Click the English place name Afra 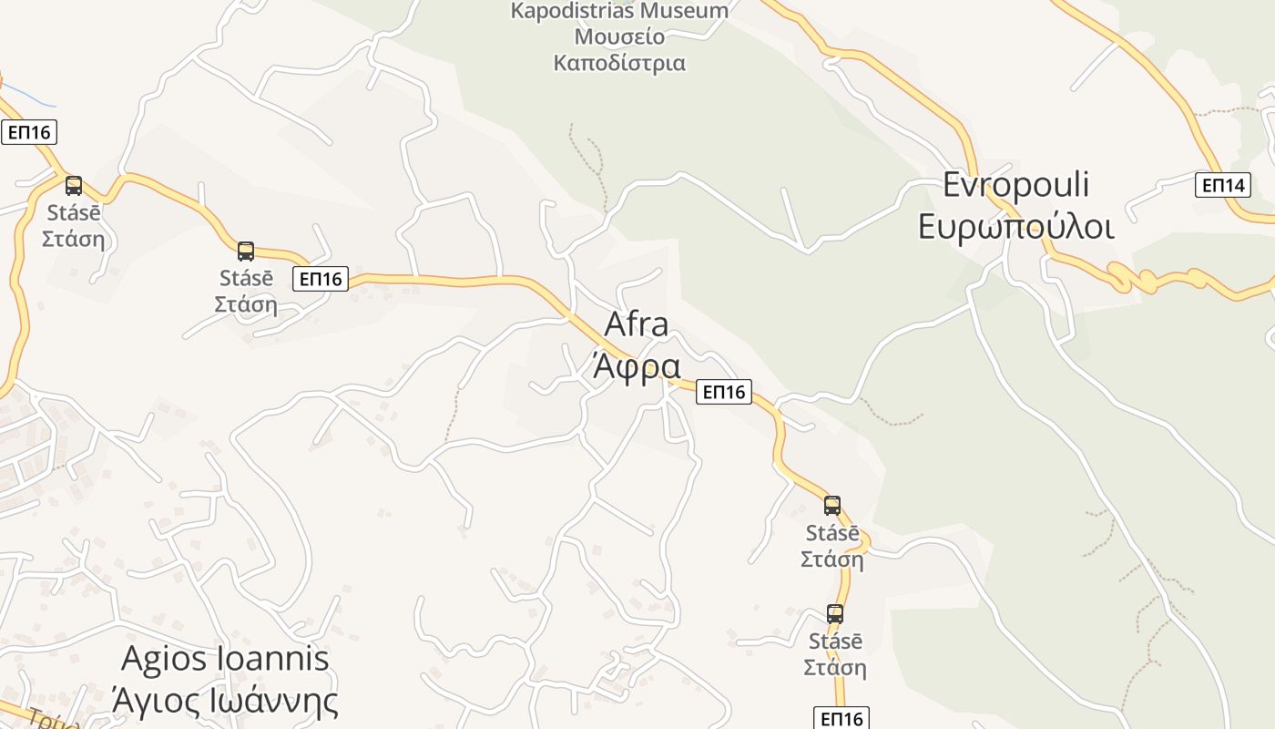pyautogui.click(x=637, y=324)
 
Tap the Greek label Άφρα pyautogui.click(x=637, y=366)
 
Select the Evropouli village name pyautogui.click(x=1015, y=185)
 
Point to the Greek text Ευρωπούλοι pyautogui.click(x=1015, y=226)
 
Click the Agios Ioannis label pyautogui.click(x=225, y=658)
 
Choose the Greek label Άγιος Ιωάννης pyautogui.click(x=225, y=701)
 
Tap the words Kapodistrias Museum pyautogui.click(x=619, y=11)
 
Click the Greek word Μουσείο pyautogui.click(x=619, y=37)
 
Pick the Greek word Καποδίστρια pyautogui.click(x=619, y=63)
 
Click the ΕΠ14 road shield pyautogui.click(x=1222, y=185)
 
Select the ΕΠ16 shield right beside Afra pyautogui.click(x=724, y=392)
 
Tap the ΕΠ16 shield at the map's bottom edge pyautogui.click(x=841, y=718)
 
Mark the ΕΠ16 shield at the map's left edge pyautogui.click(x=29, y=132)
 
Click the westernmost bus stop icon pyautogui.click(x=74, y=186)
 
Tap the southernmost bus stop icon pyautogui.click(x=835, y=614)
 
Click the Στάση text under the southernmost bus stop pyautogui.click(x=835, y=668)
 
